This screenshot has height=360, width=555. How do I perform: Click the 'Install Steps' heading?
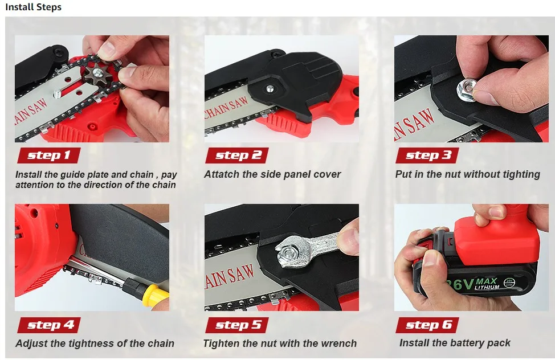click(x=33, y=7)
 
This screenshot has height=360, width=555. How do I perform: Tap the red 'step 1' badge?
click(x=49, y=156)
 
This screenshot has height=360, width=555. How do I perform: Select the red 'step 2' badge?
click(x=237, y=156)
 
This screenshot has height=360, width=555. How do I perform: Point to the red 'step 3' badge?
click(x=427, y=156)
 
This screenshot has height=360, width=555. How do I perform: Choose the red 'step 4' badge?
click(x=49, y=325)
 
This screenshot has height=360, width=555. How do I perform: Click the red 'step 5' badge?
click(x=237, y=325)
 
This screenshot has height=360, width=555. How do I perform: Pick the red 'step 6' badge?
click(x=427, y=325)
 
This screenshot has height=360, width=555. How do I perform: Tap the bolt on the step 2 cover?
click(x=270, y=88)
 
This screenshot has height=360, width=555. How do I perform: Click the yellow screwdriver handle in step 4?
click(x=154, y=293)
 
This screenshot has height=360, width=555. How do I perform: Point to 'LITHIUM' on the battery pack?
click(x=487, y=287)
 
